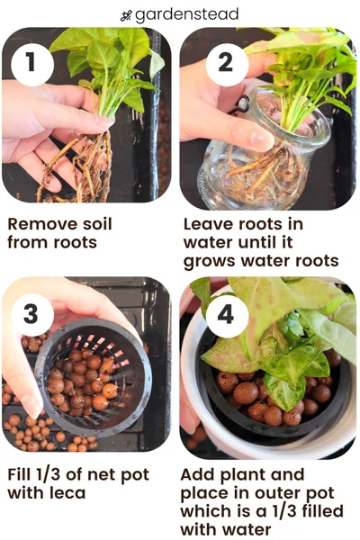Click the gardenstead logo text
[186, 14]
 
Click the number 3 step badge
[32, 315]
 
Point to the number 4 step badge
[227, 315]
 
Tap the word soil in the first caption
[97, 224]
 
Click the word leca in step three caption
[68, 493]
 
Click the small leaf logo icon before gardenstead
[126, 15]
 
